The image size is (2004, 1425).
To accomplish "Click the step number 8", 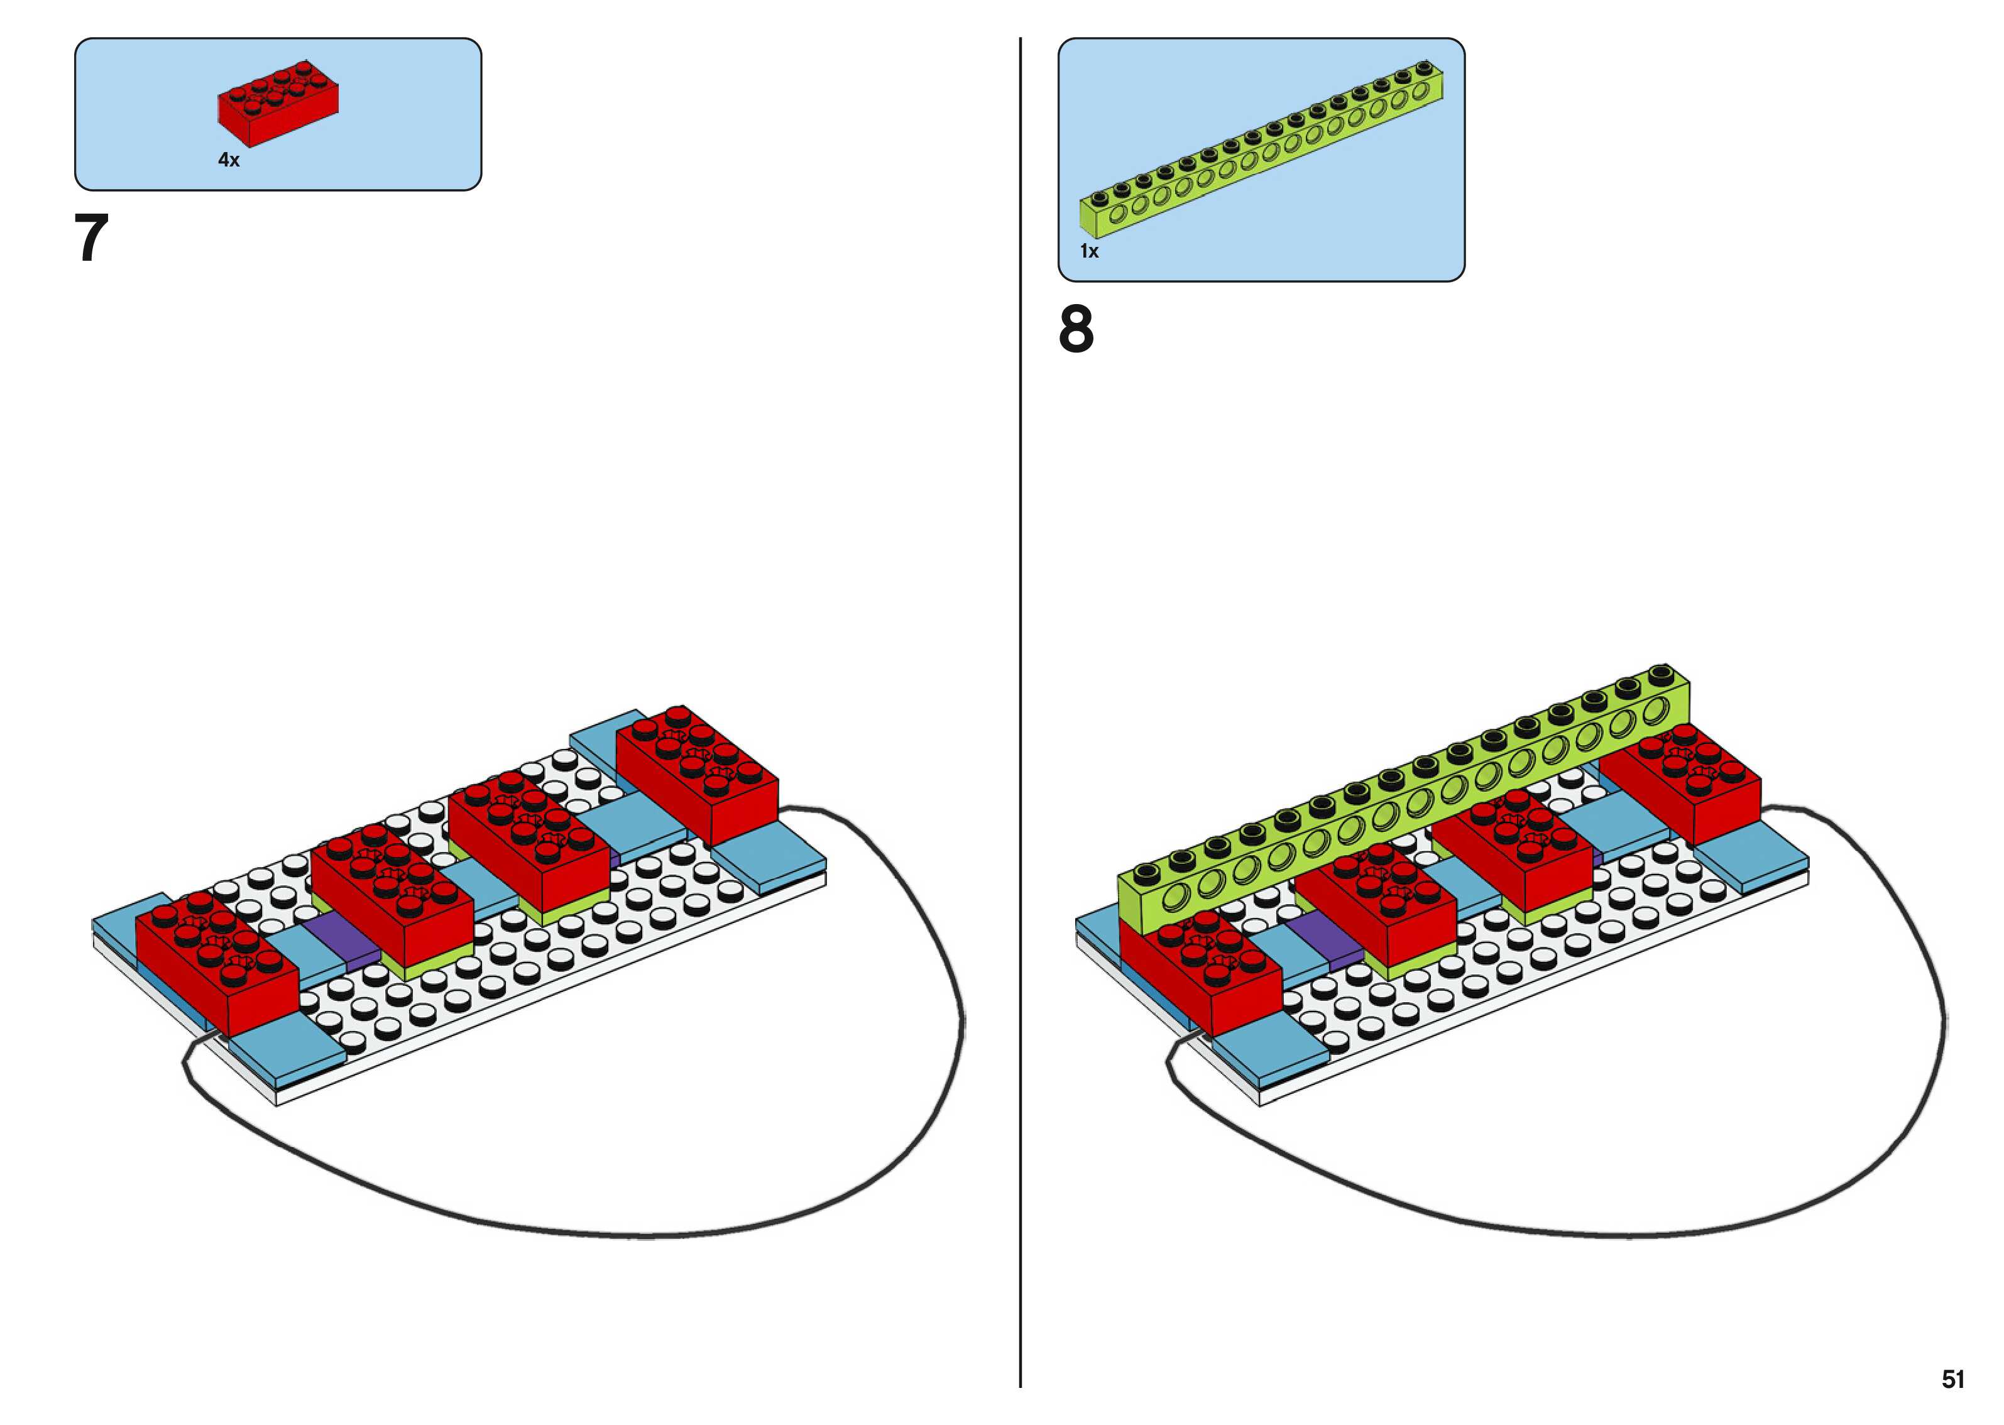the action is click(1076, 329).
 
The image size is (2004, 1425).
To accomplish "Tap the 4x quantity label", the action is click(228, 160).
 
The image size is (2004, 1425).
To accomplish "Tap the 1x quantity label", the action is click(1089, 252).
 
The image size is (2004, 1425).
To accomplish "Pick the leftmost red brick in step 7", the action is click(217, 962).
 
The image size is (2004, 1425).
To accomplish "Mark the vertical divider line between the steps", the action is click(1021, 712).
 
